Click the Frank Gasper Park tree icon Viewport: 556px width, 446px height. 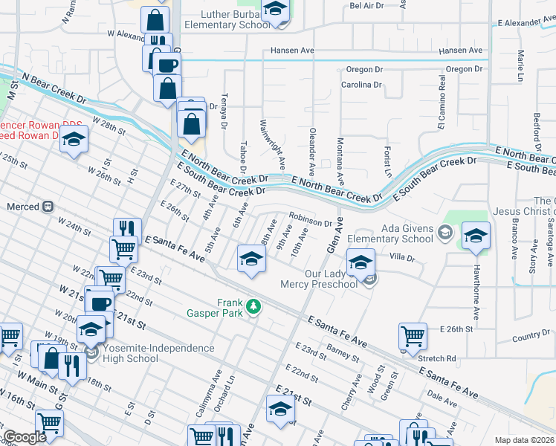click(254, 306)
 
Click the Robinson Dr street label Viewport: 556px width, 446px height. click(311, 222)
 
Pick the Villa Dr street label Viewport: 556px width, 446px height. click(401, 257)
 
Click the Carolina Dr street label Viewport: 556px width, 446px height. click(361, 85)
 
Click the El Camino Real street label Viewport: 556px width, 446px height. click(442, 111)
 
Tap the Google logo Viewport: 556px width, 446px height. click(25, 438)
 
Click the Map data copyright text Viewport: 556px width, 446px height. click(524, 440)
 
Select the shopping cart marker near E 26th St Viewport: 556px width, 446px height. click(413, 335)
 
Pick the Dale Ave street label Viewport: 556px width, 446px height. click(443, 400)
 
